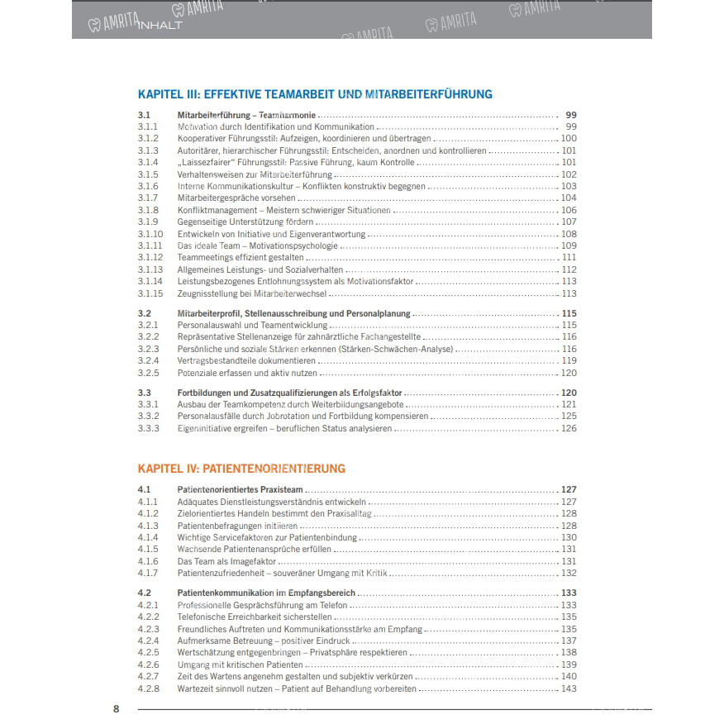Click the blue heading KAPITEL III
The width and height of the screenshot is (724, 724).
tap(314, 94)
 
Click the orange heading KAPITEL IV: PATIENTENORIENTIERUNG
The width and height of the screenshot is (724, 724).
tap(241, 469)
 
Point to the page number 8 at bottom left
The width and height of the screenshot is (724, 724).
tap(117, 708)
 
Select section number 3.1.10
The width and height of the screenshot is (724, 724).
tap(150, 234)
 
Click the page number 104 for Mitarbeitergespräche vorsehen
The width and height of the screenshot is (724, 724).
tap(569, 198)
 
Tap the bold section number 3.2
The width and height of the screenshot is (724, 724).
tap(144, 314)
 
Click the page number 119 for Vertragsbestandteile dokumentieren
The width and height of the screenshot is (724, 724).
tap(569, 361)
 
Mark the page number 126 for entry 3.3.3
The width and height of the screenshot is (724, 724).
tap(569, 429)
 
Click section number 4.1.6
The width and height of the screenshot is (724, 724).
tap(147, 561)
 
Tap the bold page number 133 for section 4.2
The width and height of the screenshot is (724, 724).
tap(569, 593)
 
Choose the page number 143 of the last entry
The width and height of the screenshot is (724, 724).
tap(569, 689)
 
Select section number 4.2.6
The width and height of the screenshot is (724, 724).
tap(147, 665)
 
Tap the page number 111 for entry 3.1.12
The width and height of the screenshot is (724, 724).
tap(569, 258)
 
